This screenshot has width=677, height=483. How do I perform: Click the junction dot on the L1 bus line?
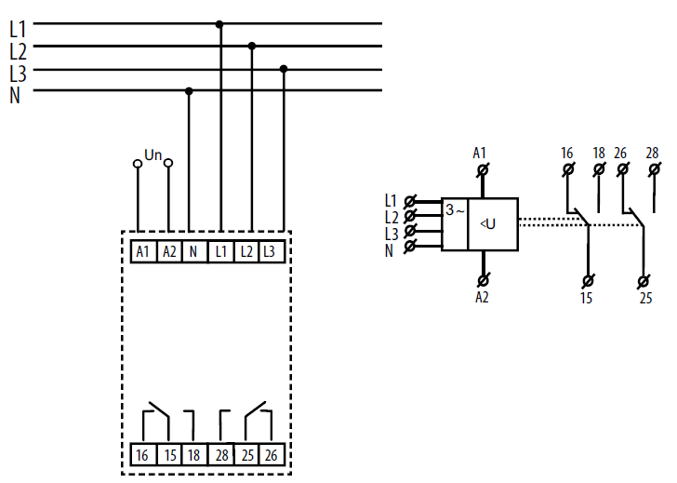(219, 24)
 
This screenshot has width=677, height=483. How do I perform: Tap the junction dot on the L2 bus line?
(252, 46)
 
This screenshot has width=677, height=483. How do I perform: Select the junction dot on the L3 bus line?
(284, 69)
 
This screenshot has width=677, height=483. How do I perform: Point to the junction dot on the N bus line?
(189, 91)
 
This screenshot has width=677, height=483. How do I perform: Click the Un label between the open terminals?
(153, 154)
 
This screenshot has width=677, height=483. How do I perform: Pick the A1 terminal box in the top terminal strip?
(143, 251)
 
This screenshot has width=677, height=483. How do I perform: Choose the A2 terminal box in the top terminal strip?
(169, 251)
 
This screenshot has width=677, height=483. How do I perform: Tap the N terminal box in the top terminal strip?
(194, 251)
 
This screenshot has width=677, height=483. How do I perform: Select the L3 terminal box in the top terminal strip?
(272, 251)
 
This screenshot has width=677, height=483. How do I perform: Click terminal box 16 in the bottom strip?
(143, 454)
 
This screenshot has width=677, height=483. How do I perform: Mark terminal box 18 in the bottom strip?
(194, 454)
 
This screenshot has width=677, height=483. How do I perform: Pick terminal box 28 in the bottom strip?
(221, 454)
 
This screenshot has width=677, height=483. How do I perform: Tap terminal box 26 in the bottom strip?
(272, 454)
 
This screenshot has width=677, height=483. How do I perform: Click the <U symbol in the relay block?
(488, 223)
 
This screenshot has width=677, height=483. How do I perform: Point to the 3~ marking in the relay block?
(455, 210)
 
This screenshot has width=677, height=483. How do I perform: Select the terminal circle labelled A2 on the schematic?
(484, 280)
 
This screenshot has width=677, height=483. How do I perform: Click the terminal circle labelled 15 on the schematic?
(588, 281)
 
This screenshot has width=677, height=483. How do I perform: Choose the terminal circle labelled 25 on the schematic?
(644, 282)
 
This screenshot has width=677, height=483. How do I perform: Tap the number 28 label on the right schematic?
(652, 153)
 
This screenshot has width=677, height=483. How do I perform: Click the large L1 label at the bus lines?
(19, 29)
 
